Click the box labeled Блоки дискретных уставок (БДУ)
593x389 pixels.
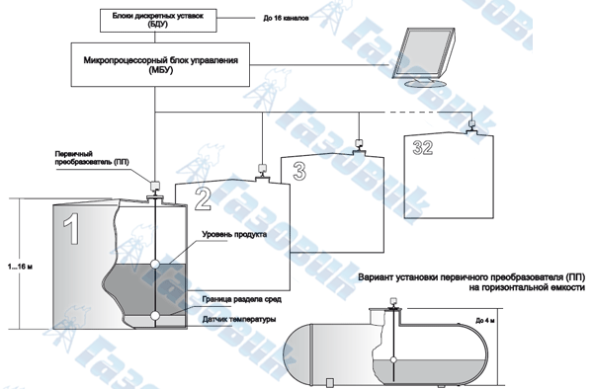coord(158,21)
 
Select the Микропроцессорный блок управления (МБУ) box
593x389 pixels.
coord(160,64)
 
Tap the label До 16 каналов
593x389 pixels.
coord(286,18)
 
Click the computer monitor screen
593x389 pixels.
coord(422,52)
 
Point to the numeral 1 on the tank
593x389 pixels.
coord(71,229)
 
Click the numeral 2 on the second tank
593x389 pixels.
coord(203,198)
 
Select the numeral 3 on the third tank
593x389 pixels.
coord(299,171)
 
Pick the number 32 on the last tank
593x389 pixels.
coord(422,148)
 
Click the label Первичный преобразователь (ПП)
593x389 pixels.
coord(92,158)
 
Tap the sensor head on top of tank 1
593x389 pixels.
coord(155,186)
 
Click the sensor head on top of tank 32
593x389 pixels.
coord(471,123)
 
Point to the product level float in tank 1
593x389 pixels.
coord(155,264)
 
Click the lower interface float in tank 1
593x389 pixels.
coord(155,315)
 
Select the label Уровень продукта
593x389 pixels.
coord(234,235)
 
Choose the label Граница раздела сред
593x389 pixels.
coord(242,299)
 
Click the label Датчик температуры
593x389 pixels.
coord(239,320)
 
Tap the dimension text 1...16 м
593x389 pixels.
coord(20,267)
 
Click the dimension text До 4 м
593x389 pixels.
coord(485,321)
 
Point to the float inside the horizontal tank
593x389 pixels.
coord(393,360)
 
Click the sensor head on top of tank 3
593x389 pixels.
coord(359,143)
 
